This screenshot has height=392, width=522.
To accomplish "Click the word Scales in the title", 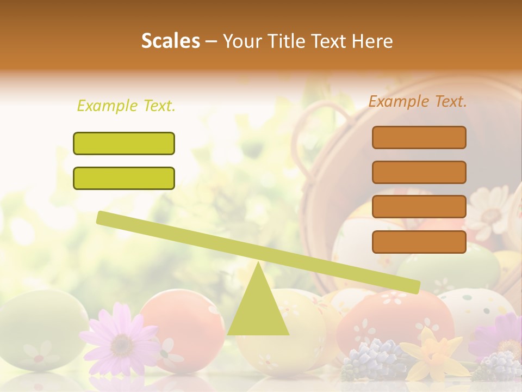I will [170, 41].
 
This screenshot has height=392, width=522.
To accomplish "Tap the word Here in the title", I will [371, 41].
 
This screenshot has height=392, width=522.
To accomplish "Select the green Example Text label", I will [126, 106].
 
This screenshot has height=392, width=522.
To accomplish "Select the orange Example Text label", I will [418, 101].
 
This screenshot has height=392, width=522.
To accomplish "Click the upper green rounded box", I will [124, 143].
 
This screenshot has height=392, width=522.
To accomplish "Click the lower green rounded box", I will [124, 178].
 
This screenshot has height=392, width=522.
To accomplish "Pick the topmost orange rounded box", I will [419, 137].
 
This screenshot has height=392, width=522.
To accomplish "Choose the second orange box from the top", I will [419, 172].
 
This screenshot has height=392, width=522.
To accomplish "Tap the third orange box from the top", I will [419, 206].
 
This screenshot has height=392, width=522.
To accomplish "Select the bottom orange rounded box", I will [419, 242].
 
